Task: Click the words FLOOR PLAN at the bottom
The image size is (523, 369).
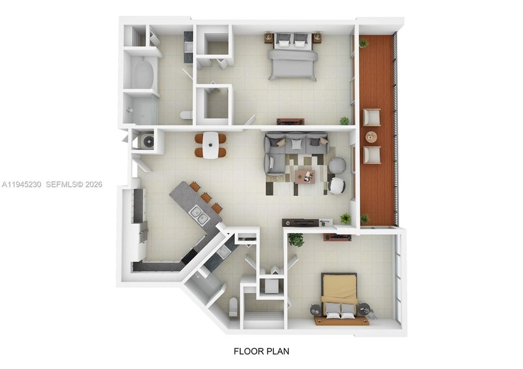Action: [x=261, y=351]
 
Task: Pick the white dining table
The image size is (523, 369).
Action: [x=210, y=145]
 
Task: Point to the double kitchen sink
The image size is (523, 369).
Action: [x=199, y=215]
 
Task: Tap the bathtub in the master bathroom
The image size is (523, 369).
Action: [x=142, y=73]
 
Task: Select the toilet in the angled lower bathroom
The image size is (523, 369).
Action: [x=233, y=307]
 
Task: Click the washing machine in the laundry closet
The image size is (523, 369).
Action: [x=147, y=141]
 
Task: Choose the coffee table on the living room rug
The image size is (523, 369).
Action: [x=304, y=176]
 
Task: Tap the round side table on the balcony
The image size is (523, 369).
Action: [x=371, y=136]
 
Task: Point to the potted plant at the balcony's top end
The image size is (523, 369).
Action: [x=363, y=43]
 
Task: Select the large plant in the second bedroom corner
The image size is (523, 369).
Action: [x=296, y=240]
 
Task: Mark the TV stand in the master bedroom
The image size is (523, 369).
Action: [x=290, y=121]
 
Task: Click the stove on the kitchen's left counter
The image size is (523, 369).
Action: [x=143, y=230]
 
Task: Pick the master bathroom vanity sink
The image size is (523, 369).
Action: [x=188, y=47]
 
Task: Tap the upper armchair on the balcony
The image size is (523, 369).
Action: [x=372, y=117]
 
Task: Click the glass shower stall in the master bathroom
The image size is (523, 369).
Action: [x=141, y=109]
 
